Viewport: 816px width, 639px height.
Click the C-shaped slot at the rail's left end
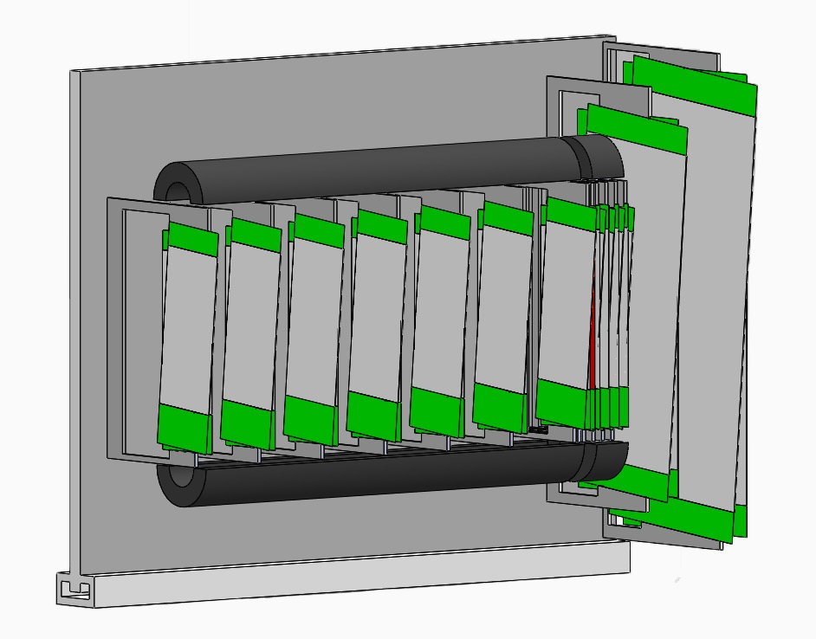click(x=74, y=590)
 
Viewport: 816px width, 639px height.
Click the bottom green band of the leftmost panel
click(x=185, y=428)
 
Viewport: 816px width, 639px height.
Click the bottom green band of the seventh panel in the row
click(x=561, y=402)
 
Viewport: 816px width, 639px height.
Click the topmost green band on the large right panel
click(x=693, y=77)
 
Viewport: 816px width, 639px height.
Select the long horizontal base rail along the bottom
click(x=346, y=580)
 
